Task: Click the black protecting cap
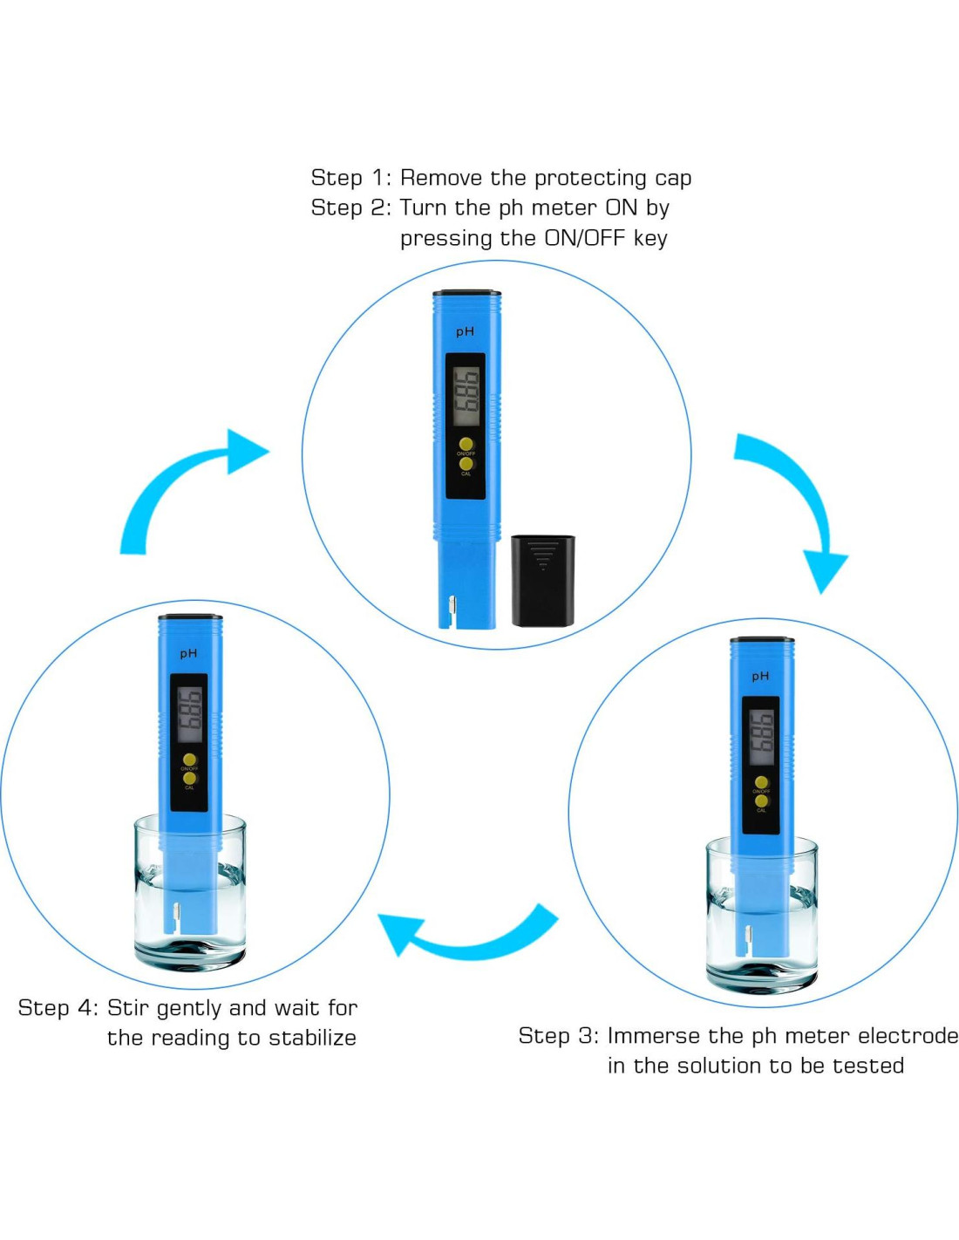point(542,580)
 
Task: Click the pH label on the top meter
point(466,331)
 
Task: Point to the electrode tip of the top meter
point(451,610)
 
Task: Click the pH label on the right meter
point(760,676)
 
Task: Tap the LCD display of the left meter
point(189,714)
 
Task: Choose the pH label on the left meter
point(188,653)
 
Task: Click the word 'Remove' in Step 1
point(440,178)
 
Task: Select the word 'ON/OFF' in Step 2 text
point(584,238)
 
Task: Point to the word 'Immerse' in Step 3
point(654,1036)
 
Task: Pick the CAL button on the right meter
point(761,801)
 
